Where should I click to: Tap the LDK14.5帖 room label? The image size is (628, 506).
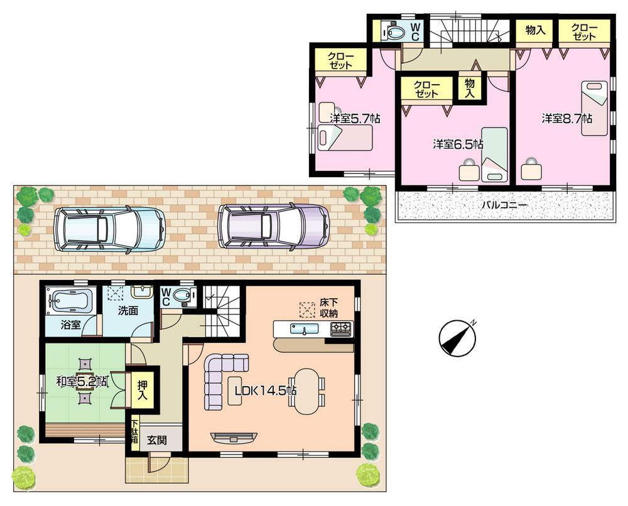pyautogui.click(x=265, y=390)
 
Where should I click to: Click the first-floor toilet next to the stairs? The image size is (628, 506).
pyautogui.click(x=183, y=296)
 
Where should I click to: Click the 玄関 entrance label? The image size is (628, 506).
pyautogui.click(x=156, y=440)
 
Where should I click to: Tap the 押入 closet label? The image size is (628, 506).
pyautogui.click(x=142, y=390)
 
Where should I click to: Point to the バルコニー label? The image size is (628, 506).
pyautogui.click(x=504, y=205)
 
